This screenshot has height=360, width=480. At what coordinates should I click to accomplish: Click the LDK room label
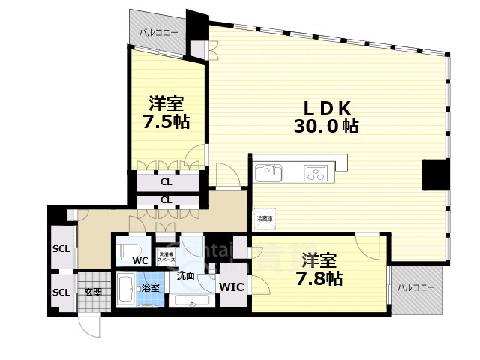pos(325,106)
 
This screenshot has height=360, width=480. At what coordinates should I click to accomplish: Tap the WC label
pos(140,261)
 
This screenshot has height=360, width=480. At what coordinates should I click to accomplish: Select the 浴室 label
pos(150,287)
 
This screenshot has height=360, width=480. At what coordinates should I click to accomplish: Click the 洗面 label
pos(186,276)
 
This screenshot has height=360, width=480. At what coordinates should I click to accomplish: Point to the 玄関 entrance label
pos(92,292)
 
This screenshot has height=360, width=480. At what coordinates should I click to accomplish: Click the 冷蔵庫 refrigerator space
pos(264,218)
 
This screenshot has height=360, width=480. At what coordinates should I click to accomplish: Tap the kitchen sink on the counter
pos(268,173)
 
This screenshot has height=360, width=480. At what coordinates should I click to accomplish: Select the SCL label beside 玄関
pos(61,292)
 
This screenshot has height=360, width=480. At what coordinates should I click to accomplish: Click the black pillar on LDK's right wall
pos(434,175)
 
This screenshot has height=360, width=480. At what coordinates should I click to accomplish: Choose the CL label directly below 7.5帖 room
pos(166,181)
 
